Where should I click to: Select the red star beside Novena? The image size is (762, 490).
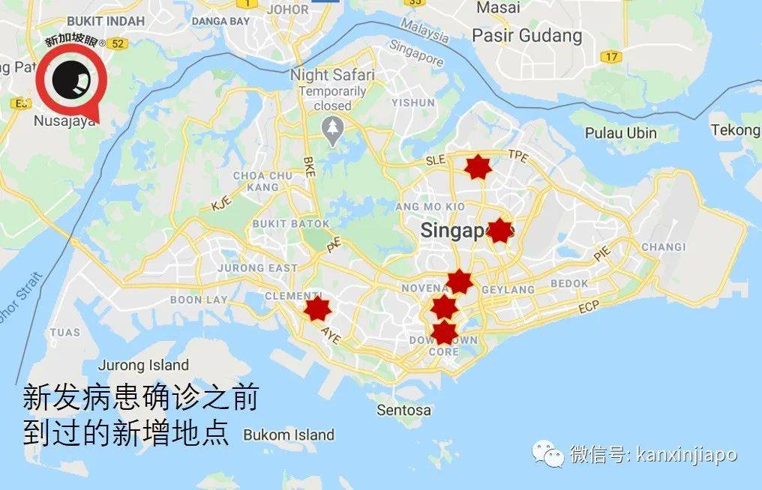tap(459, 282)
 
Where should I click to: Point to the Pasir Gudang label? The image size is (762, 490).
tap(526, 35)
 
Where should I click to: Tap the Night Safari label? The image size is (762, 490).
tap(332, 75)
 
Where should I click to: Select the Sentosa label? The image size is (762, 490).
tap(404, 410)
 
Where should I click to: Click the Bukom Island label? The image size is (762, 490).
tap(289, 435)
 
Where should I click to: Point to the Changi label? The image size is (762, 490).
tap(663, 246)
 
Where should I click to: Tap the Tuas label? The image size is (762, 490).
tap(65, 332)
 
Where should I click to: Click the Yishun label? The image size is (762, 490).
tap(412, 102)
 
